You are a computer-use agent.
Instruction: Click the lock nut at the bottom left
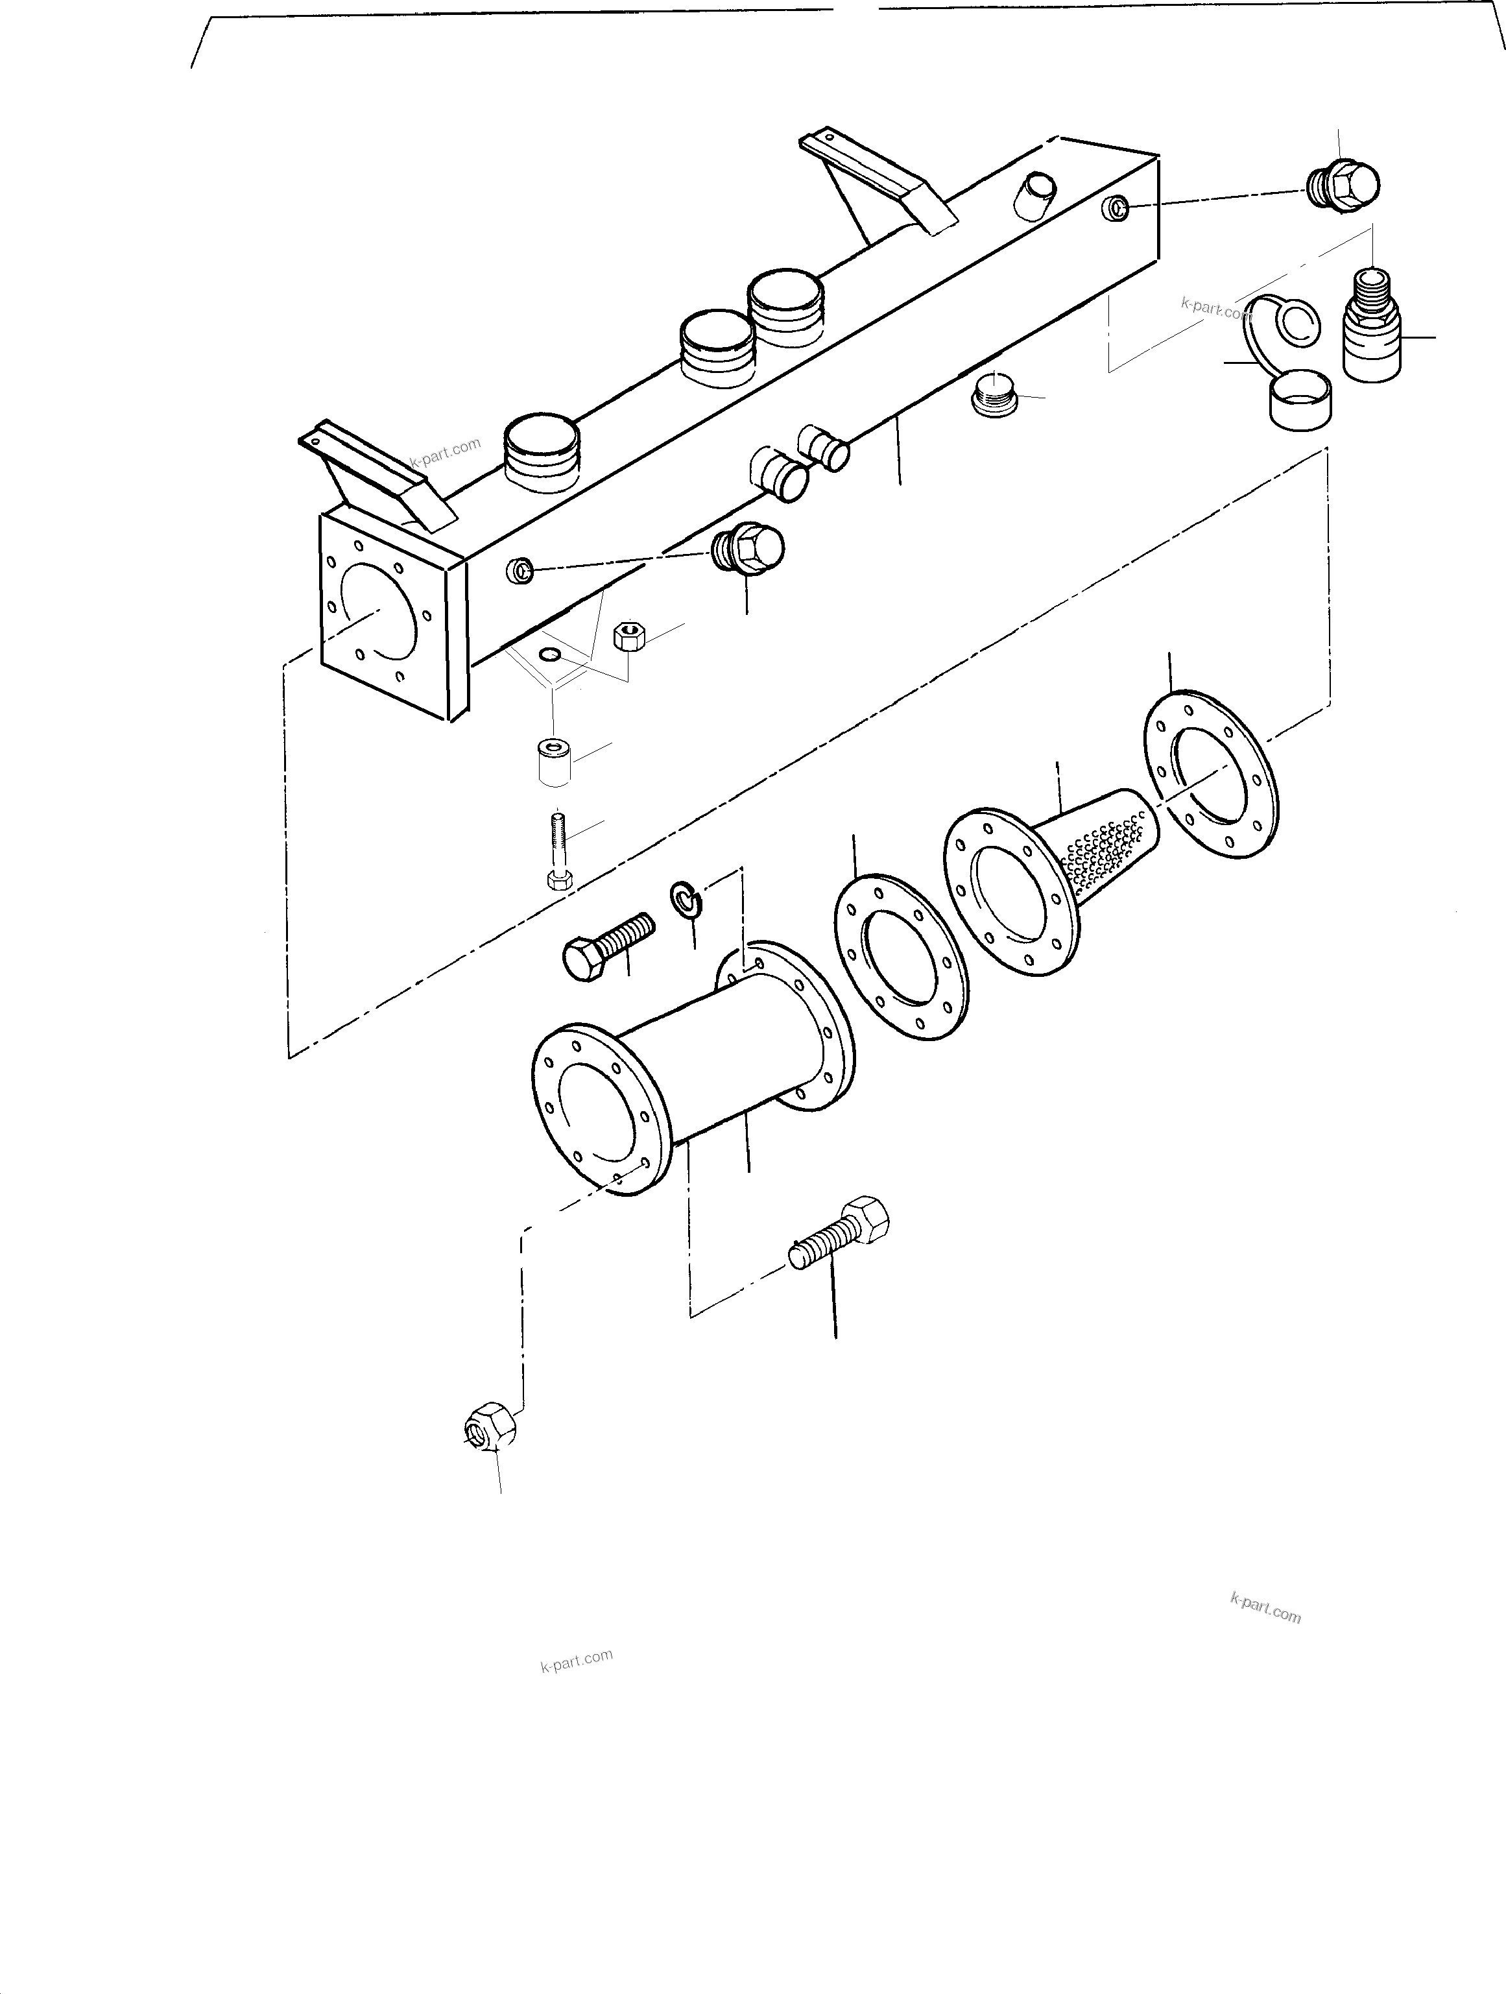(490, 1428)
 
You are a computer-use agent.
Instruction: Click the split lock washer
(685, 899)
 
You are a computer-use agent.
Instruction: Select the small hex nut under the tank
(627, 636)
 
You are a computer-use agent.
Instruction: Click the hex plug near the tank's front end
(747, 548)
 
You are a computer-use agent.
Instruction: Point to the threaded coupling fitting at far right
(1372, 326)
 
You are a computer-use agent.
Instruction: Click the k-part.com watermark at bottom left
(577, 1659)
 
